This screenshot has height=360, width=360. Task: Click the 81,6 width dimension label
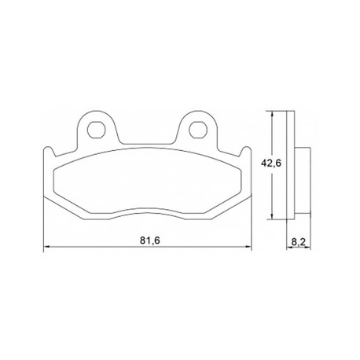[x=149, y=241]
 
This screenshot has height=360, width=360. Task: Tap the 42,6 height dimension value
[x=271, y=163]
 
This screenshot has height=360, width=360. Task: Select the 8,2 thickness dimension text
[x=299, y=242]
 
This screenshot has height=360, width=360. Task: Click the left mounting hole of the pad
[x=96, y=130]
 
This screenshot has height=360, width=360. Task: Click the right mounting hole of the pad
[x=198, y=130]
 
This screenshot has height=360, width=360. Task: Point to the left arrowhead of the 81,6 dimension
[x=46, y=246]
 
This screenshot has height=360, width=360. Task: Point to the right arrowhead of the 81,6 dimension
[x=248, y=246]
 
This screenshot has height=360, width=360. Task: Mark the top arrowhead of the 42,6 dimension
[x=273, y=114]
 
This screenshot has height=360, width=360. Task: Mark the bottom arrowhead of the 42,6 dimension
[x=273, y=215]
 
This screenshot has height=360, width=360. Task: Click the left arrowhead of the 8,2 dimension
[x=290, y=247]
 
